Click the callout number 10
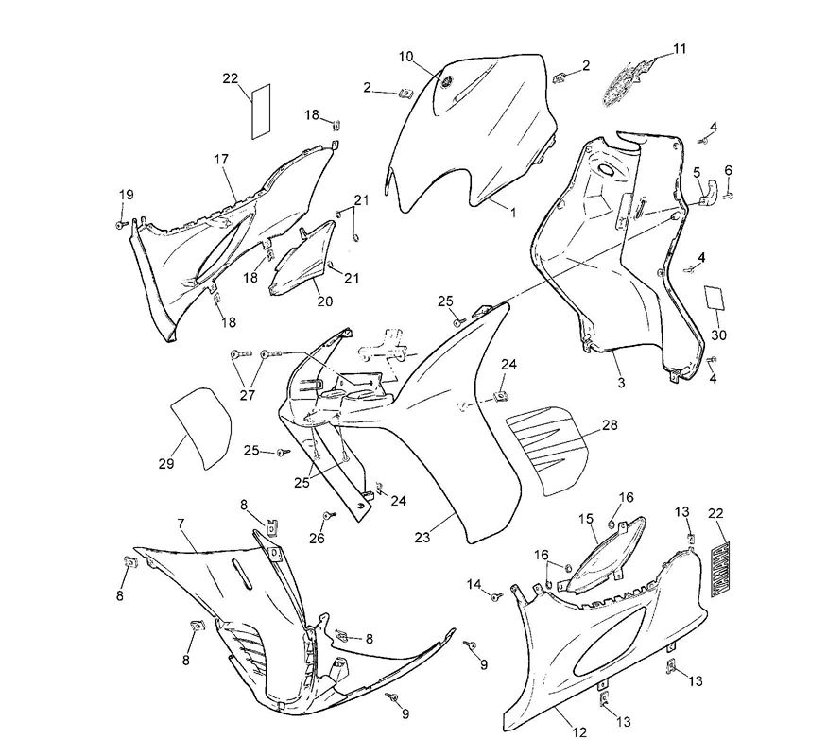[405, 57]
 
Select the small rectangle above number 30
[715, 298]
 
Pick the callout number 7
[180, 523]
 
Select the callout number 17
[221, 159]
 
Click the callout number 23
[422, 537]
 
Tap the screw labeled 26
[328, 516]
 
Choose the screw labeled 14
[496, 595]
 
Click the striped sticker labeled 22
[721, 567]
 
